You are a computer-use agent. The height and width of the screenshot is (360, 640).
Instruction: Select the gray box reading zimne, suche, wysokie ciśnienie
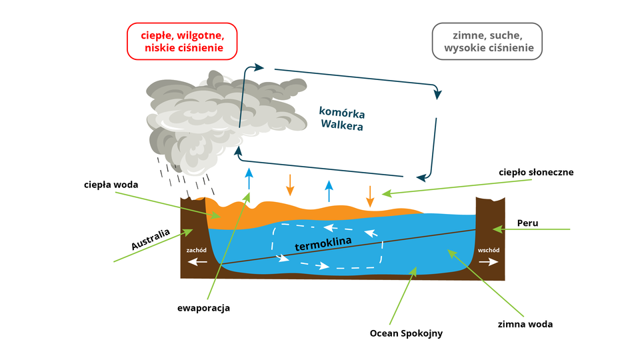pos(487,41)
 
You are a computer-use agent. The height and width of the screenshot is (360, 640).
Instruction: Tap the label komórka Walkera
pos(342,118)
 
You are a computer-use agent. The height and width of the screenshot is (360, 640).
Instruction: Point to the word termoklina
pos(323,245)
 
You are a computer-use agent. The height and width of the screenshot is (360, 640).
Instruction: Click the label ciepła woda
pos(111,184)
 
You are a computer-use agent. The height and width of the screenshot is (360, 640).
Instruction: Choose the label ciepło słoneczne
pos(536,172)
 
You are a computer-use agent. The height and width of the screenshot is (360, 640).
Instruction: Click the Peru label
pos(527,223)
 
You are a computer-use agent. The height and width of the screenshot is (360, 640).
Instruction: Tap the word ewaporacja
pos(203,308)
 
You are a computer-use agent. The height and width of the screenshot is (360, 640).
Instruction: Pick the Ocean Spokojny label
pos(406,333)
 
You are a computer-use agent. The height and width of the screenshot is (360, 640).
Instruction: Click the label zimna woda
pos(525,325)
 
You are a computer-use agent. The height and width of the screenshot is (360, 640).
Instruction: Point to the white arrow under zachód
pos(197,262)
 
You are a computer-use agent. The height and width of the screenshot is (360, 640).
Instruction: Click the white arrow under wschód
pos(488,262)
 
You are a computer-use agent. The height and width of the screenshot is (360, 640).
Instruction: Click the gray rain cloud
pos(213,113)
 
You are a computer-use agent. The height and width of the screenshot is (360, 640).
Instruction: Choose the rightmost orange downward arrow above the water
pos(369,195)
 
